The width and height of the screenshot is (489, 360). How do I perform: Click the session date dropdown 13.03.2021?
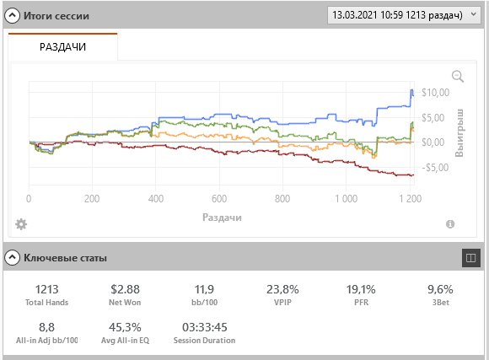pos(404,15)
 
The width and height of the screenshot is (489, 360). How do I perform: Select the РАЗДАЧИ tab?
pos(62,47)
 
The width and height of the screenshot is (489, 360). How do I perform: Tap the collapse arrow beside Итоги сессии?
pos(12,16)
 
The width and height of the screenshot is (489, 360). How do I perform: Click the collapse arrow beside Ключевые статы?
pos(12,258)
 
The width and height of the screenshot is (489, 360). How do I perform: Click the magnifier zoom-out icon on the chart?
pos(458,77)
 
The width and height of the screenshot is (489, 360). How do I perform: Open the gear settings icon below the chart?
pos(21,224)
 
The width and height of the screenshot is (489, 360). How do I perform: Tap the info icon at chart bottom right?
pos(450,224)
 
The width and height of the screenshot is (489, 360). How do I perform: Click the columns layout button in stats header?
pos(470,258)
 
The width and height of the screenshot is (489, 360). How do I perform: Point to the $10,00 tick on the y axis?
pos(435,93)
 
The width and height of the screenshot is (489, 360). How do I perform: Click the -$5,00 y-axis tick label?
pos(435,168)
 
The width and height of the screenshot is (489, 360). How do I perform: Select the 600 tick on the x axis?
pos(219,199)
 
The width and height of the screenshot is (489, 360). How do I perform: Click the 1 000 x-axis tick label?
pos(347,199)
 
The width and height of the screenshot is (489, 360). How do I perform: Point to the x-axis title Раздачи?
pos(222,218)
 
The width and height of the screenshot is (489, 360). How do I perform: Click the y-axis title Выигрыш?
pos(459,133)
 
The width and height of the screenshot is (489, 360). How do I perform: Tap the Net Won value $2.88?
pos(125,289)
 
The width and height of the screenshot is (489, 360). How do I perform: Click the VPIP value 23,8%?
pos(282,289)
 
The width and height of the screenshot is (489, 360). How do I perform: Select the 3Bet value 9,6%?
pos(440,289)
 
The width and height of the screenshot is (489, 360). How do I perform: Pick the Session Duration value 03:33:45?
pos(205,327)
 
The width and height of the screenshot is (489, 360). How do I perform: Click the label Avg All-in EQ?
pos(125,341)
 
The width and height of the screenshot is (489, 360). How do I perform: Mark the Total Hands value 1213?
pos(46,289)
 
